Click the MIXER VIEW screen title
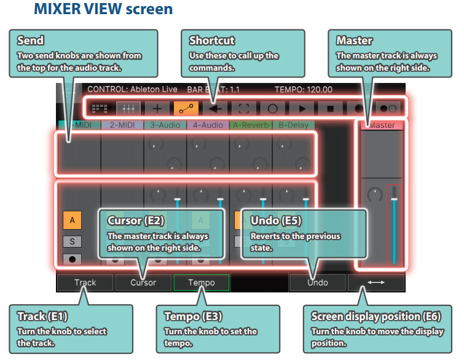click(103, 9)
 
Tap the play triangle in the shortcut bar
click(302, 109)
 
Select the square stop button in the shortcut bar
click(330, 109)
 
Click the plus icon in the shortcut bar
click(157, 109)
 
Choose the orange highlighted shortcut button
click(186, 109)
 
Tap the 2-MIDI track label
click(122, 125)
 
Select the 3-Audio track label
click(165, 125)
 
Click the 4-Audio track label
click(208, 125)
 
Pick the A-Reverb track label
click(251, 125)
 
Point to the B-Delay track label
click(294, 125)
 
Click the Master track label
click(382, 125)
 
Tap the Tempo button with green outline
click(202, 283)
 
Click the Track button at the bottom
click(85, 283)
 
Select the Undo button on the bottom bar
click(318, 283)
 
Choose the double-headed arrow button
click(376, 283)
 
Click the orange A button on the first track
click(72, 221)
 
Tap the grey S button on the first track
click(72, 241)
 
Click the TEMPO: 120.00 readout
click(304, 90)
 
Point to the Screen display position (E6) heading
click(376, 316)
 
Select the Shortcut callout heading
click(212, 41)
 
